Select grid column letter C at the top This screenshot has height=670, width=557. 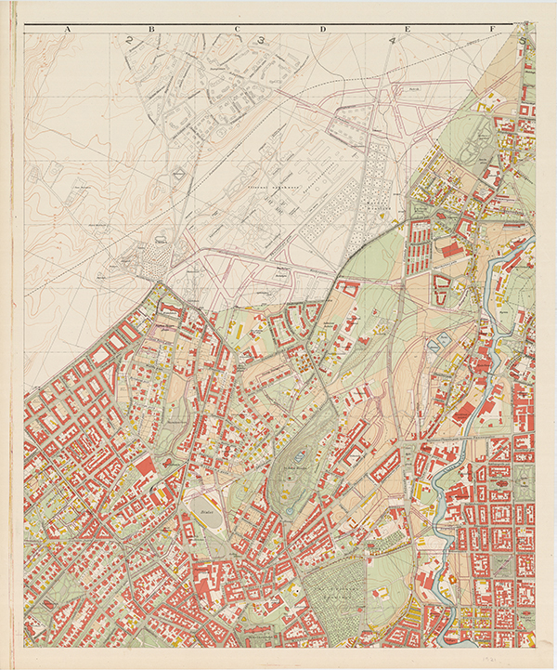tap(238, 30)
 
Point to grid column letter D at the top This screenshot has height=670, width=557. tap(324, 30)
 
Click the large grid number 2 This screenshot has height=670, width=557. tap(130, 40)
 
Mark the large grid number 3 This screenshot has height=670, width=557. tap(263, 40)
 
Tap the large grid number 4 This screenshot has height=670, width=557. tap(394, 41)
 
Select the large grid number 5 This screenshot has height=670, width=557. tap(525, 41)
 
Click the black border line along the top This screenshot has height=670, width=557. tap(278, 24)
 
